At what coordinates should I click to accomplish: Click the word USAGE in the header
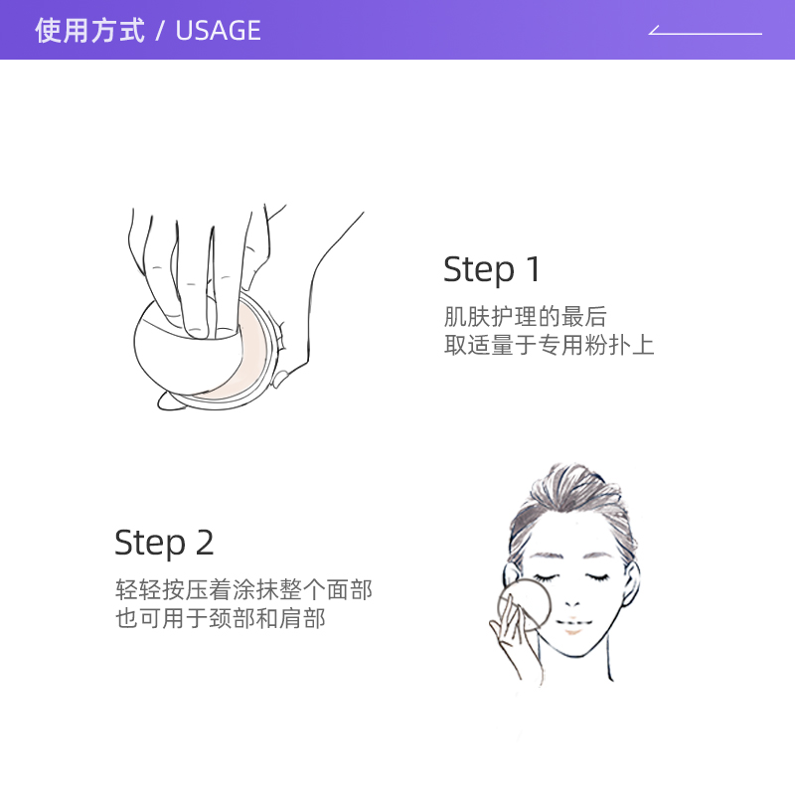pyautogui.click(x=218, y=31)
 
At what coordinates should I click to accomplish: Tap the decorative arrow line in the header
pyautogui.click(x=706, y=33)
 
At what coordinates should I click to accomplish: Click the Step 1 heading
pyautogui.click(x=492, y=269)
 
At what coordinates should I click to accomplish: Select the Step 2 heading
pyautogui.click(x=164, y=543)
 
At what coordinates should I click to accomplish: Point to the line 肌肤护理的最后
pyautogui.click(x=525, y=318)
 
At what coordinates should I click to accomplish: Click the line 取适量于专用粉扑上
pyautogui.click(x=549, y=346)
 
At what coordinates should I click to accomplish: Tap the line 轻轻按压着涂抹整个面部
pyautogui.click(x=243, y=590)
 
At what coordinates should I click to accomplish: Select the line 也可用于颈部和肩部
pyautogui.click(x=221, y=619)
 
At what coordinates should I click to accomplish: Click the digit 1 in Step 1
pyautogui.click(x=533, y=269)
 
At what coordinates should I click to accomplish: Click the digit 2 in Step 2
pyautogui.click(x=204, y=543)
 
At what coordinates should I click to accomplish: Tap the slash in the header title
pyautogui.click(x=159, y=31)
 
